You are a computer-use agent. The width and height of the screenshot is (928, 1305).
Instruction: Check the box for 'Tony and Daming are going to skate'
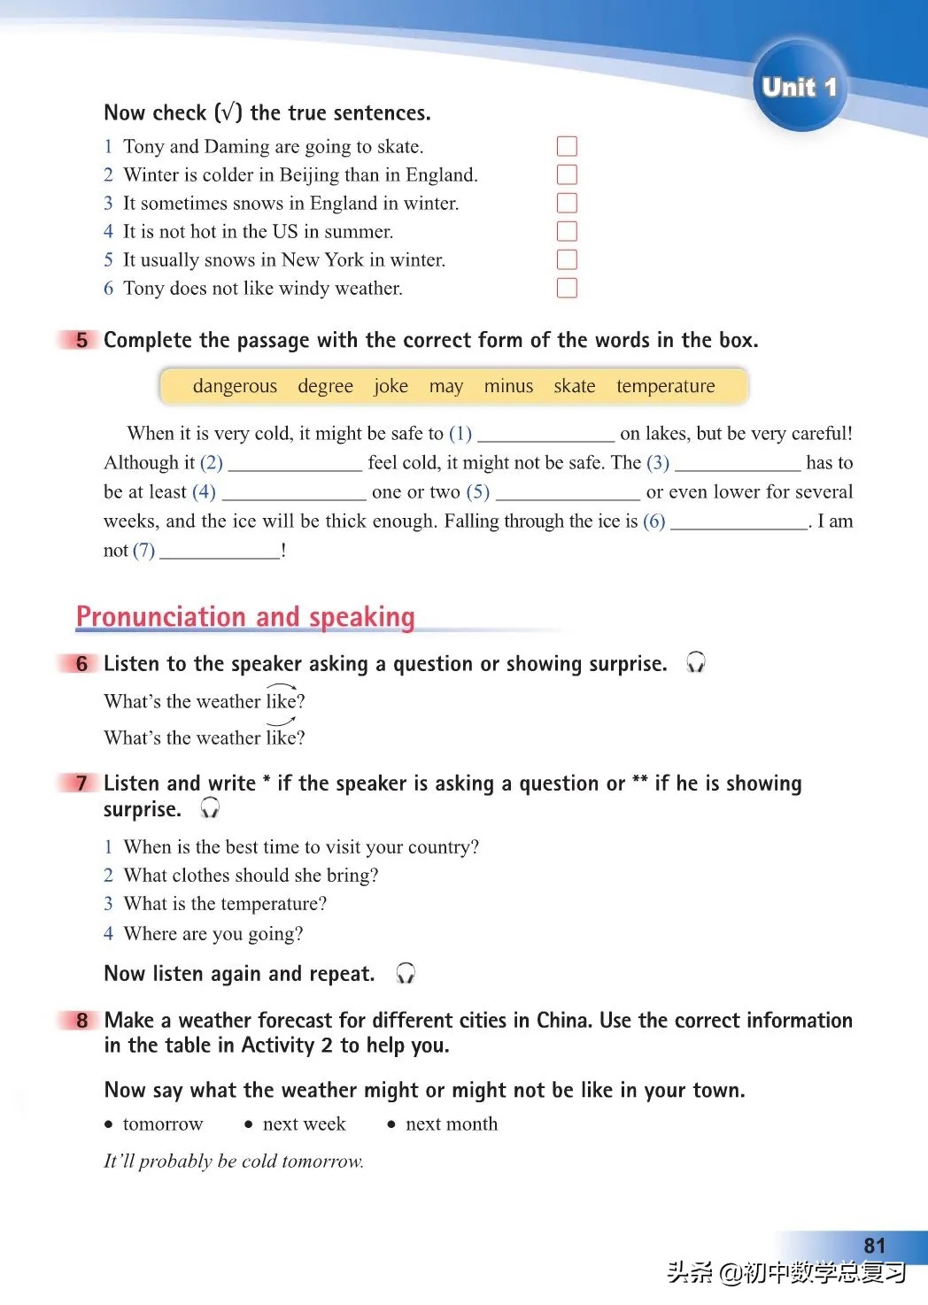tap(567, 146)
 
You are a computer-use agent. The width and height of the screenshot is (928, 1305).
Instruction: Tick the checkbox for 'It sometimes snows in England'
tap(567, 203)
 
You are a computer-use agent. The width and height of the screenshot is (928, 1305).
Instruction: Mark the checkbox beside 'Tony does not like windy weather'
tap(567, 288)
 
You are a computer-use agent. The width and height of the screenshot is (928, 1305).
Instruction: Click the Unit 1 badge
tap(799, 87)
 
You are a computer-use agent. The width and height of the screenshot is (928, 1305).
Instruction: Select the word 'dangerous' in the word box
tap(235, 386)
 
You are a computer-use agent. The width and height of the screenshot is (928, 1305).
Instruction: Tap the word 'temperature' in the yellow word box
tap(665, 386)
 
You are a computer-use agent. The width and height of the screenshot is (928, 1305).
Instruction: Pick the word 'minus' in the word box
tap(508, 386)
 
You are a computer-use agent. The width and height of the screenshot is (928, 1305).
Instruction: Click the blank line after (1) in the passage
tap(545, 434)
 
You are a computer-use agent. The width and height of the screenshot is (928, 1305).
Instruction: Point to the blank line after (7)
tap(220, 552)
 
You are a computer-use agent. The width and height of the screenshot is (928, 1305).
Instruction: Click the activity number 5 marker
tap(81, 340)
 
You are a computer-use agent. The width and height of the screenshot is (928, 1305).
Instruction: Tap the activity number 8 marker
tap(81, 1020)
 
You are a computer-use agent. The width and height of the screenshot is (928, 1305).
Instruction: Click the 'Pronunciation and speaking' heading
tap(245, 616)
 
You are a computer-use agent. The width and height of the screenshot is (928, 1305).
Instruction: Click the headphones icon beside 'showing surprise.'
tap(696, 663)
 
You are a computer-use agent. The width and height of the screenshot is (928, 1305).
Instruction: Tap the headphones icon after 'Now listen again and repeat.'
tap(406, 973)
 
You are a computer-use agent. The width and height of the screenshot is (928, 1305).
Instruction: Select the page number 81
tap(874, 1245)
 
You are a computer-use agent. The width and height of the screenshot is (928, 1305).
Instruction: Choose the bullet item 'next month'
tap(451, 1124)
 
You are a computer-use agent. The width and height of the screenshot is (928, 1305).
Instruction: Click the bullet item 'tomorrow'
tap(163, 1124)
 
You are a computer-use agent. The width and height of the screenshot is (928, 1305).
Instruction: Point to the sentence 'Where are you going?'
tap(213, 933)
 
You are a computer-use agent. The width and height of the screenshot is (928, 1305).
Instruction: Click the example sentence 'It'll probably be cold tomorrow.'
tap(234, 1161)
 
